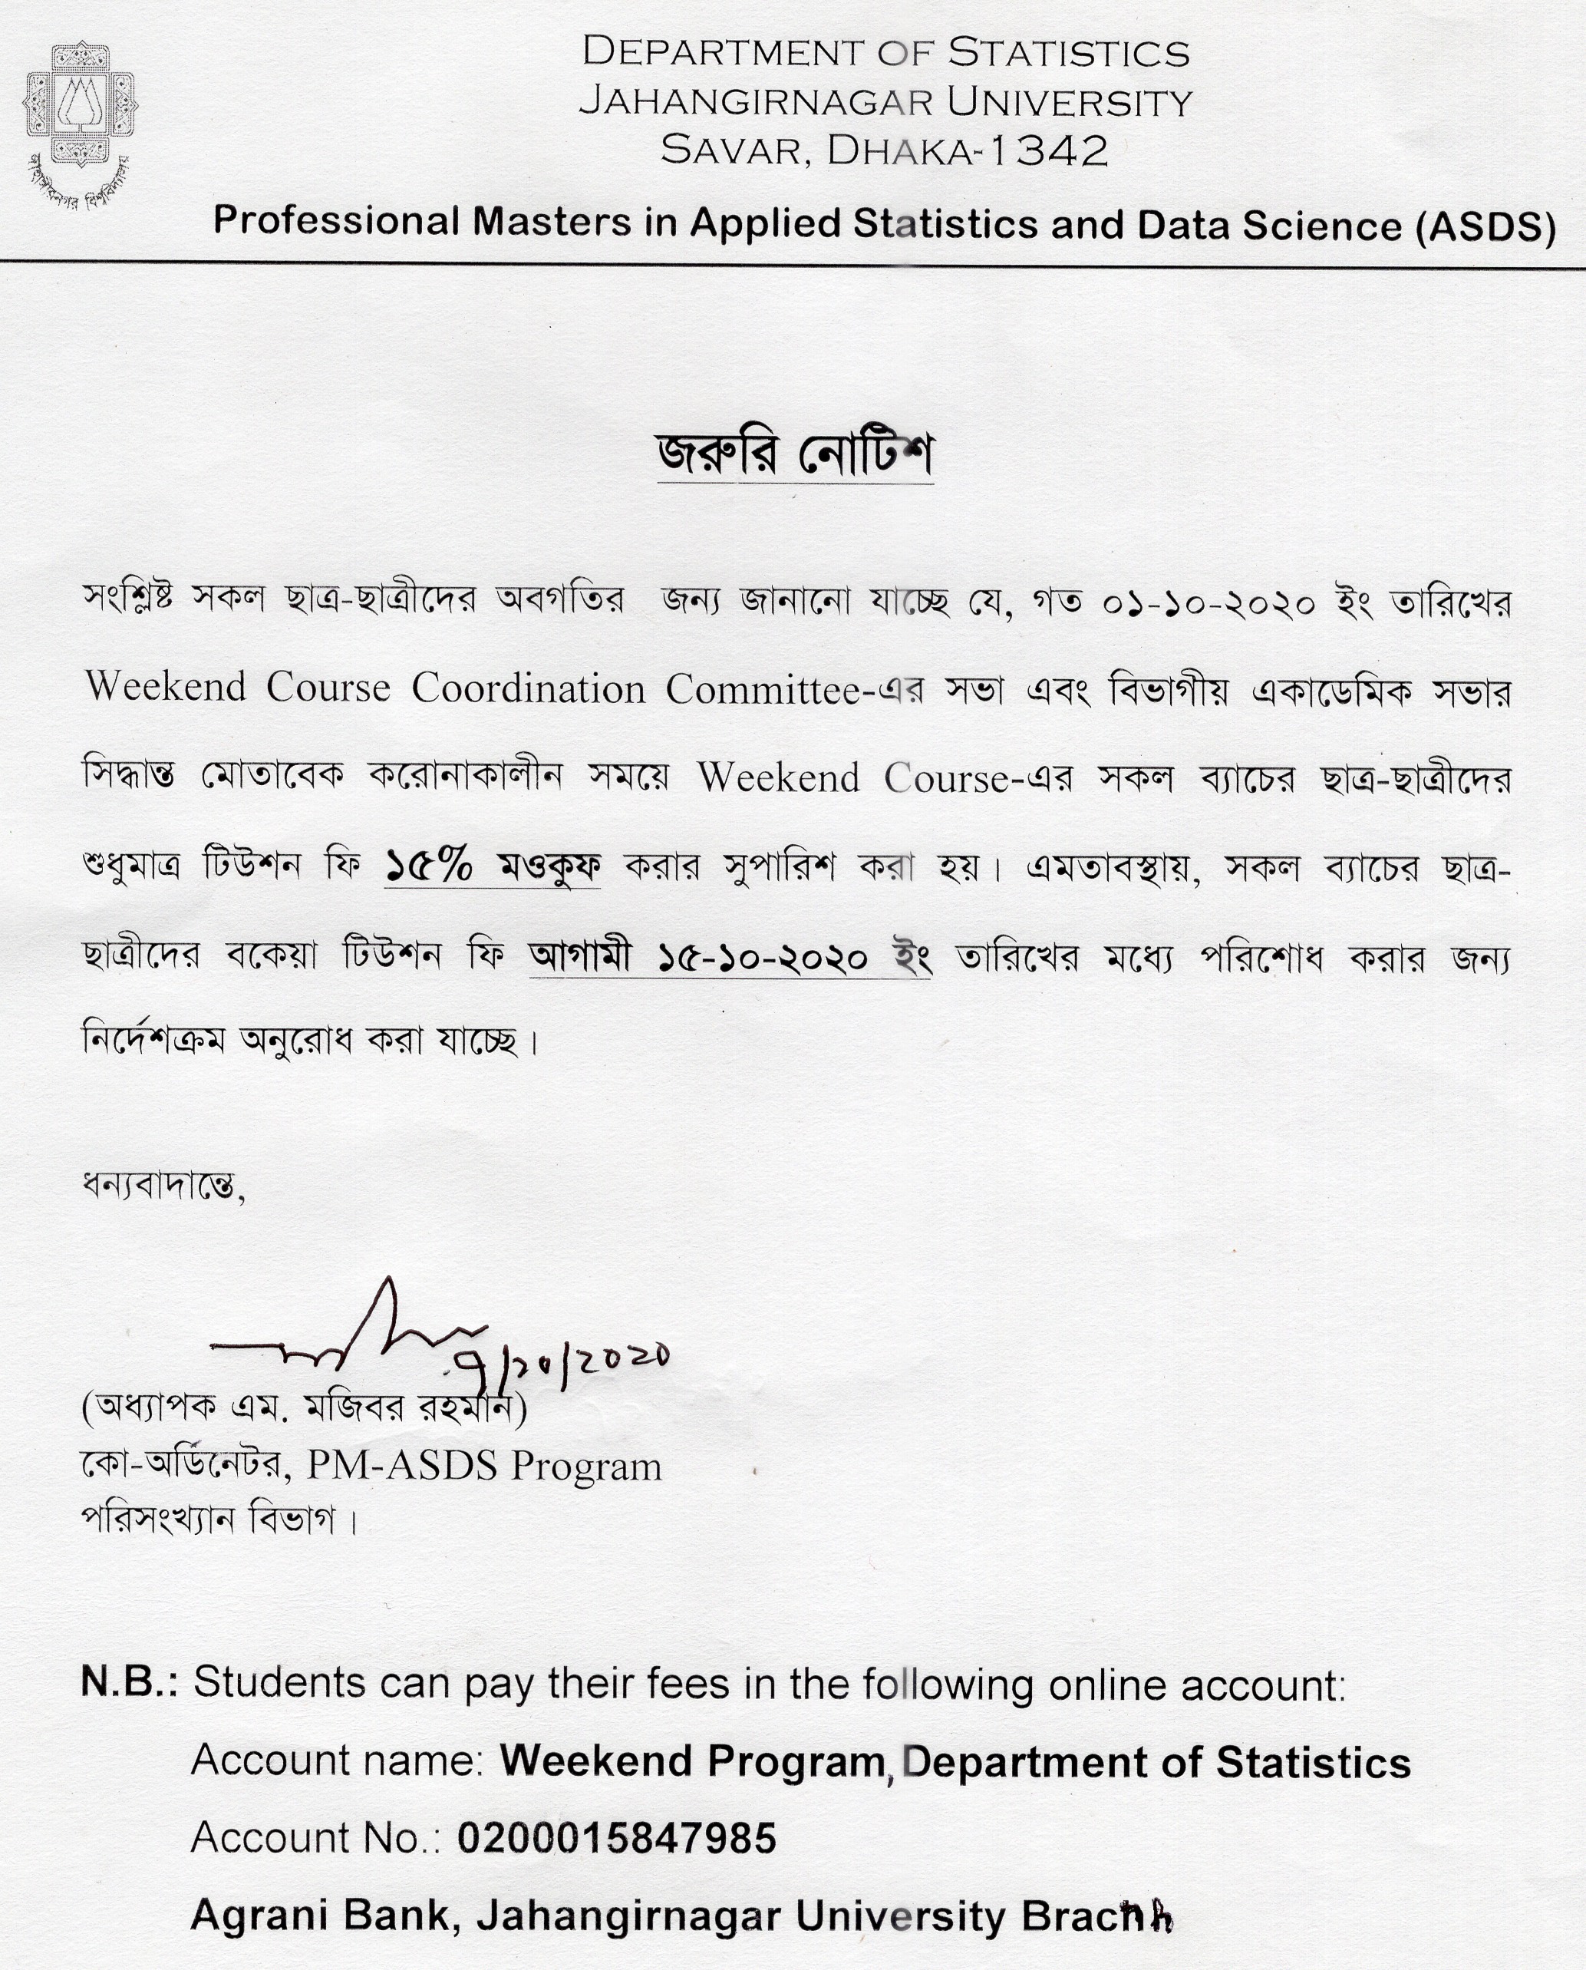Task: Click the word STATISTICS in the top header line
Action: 1069,53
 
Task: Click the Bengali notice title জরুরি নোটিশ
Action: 795,454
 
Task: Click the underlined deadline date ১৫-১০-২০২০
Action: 763,958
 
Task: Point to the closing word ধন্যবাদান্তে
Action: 163,1186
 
